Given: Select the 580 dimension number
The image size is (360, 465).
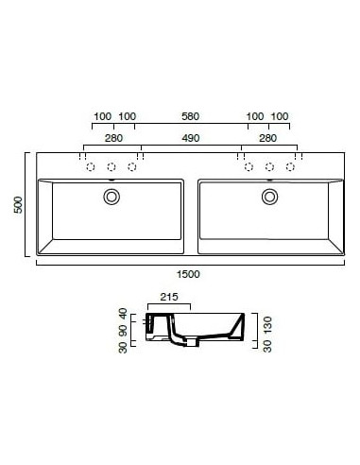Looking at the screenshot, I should coord(190,116).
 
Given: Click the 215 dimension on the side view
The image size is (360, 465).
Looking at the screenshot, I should coord(169,297).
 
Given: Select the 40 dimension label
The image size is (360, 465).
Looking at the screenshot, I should coord(122,313).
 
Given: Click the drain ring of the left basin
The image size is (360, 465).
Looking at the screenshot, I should coord(112,197).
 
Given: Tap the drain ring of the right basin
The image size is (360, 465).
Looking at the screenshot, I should coord(270,197).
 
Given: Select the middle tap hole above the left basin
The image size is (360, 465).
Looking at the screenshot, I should coord(111,167).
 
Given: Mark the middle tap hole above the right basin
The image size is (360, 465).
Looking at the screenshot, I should coord(269,167).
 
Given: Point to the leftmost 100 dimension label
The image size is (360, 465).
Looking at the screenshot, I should coord(102,116).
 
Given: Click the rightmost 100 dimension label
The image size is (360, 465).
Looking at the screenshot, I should coord(280,116).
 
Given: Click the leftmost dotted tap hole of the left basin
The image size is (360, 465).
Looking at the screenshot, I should coord(92,167).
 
